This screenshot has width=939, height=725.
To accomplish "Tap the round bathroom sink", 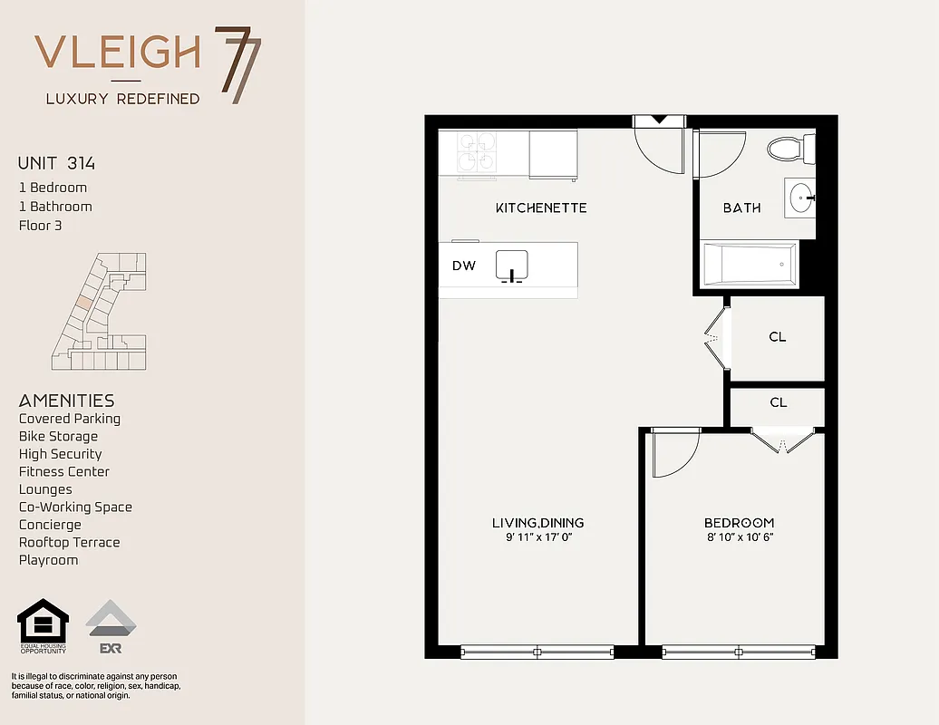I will pyautogui.click(x=799, y=198).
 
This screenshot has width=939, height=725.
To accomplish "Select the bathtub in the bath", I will pyautogui.click(x=749, y=264).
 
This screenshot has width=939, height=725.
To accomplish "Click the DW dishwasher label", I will pyautogui.click(x=464, y=266).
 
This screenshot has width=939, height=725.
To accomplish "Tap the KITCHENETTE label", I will pyautogui.click(x=541, y=208).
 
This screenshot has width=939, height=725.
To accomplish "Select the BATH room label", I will pyautogui.click(x=741, y=208).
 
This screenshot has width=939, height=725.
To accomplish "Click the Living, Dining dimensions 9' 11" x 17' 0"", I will pyautogui.click(x=537, y=537).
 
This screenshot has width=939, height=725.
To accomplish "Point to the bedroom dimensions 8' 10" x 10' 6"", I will pyautogui.click(x=739, y=537).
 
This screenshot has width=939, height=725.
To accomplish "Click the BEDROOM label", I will pyautogui.click(x=739, y=523).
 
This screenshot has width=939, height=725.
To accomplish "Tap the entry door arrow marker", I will pyautogui.click(x=659, y=120).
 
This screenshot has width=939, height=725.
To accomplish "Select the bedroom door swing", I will pyautogui.click(x=673, y=453).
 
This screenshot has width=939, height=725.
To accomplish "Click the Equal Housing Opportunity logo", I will pyautogui.click(x=43, y=626).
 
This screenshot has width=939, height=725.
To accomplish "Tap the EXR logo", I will pyautogui.click(x=111, y=626).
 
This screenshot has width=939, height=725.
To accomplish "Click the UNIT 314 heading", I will pyautogui.click(x=56, y=164).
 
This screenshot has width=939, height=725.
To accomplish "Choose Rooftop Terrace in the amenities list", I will pyautogui.click(x=69, y=542).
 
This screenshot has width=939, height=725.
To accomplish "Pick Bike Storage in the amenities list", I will pyautogui.click(x=58, y=436).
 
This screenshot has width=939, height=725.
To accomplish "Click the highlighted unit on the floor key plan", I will pyautogui.click(x=84, y=301).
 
